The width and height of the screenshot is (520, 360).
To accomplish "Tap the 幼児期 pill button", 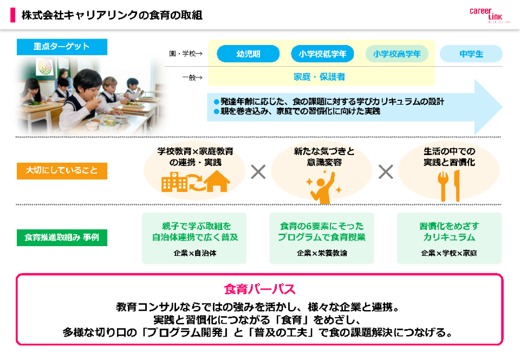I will coord(248,54).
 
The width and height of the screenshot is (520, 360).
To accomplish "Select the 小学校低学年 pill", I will coord(322,54).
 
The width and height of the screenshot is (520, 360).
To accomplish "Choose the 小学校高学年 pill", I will coord(396,54).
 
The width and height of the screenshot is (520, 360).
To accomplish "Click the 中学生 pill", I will coord(471,54).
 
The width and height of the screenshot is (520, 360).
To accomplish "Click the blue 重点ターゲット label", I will coord(62,47).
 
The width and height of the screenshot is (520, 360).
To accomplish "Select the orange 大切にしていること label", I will coord(62,170).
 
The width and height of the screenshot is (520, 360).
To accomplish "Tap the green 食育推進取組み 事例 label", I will coord(62,237).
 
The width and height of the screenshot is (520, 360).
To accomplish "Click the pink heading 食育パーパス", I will coord(259,288).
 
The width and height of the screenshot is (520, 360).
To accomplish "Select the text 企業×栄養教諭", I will coord(322,253).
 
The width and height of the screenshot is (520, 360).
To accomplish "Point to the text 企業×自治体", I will coord(194,253).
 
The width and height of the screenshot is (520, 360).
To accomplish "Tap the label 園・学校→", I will coord(185,54).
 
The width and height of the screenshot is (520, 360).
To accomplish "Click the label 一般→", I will coord(192,77).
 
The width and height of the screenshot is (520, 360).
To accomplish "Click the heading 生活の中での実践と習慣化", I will coord(449,157).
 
